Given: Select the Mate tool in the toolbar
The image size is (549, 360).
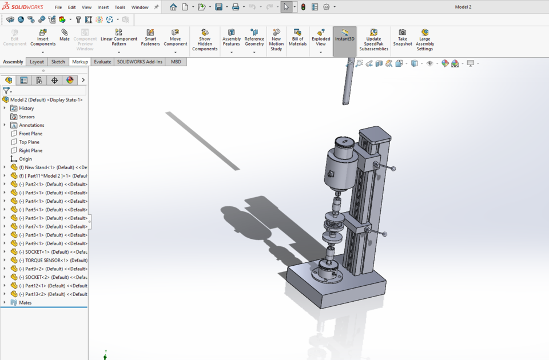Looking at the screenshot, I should tap(65, 35).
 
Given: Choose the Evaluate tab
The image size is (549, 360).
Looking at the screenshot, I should tap(102, 62).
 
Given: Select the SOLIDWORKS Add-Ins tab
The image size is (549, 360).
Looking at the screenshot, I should tap(140, 62).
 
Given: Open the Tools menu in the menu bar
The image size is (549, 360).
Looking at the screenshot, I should tap(120, 7).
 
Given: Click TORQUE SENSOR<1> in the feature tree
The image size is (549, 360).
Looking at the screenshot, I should tap(51, 260).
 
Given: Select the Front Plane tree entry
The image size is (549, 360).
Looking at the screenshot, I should tap(30, 134).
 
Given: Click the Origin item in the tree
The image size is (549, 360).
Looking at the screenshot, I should tap(25, 159).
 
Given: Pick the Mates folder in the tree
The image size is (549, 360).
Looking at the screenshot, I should tap(25, 302).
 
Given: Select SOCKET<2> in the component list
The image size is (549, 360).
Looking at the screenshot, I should tap(51, 277).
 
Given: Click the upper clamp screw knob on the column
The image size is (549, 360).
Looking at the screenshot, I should tap(392, 169).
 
